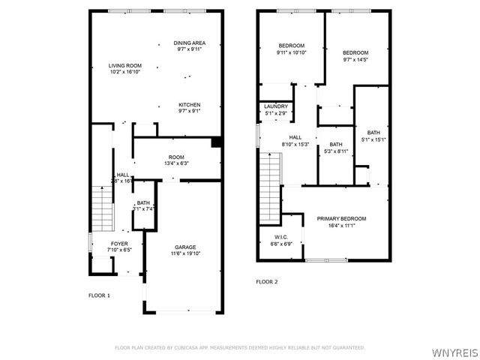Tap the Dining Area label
[190, 43]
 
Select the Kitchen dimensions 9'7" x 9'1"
[189, 111]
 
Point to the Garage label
[185, 247]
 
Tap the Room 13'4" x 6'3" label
[176, 157]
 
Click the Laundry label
[276, 106]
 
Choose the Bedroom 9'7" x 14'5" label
[355, 52]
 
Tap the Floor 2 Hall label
[295, 137]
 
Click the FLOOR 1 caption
[99, 295]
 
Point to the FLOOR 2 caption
[267, 282]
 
